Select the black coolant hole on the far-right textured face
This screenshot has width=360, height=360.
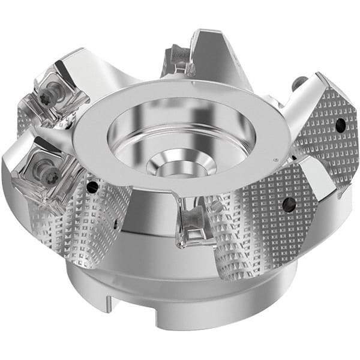pos(340,125)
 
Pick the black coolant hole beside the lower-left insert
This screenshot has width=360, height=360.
pos(92,187)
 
